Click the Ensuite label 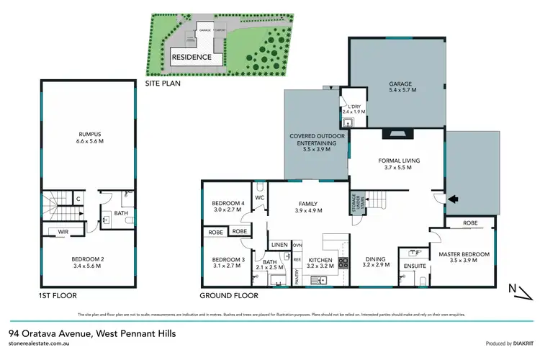415,265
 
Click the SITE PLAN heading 164,83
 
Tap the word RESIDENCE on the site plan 192,57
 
